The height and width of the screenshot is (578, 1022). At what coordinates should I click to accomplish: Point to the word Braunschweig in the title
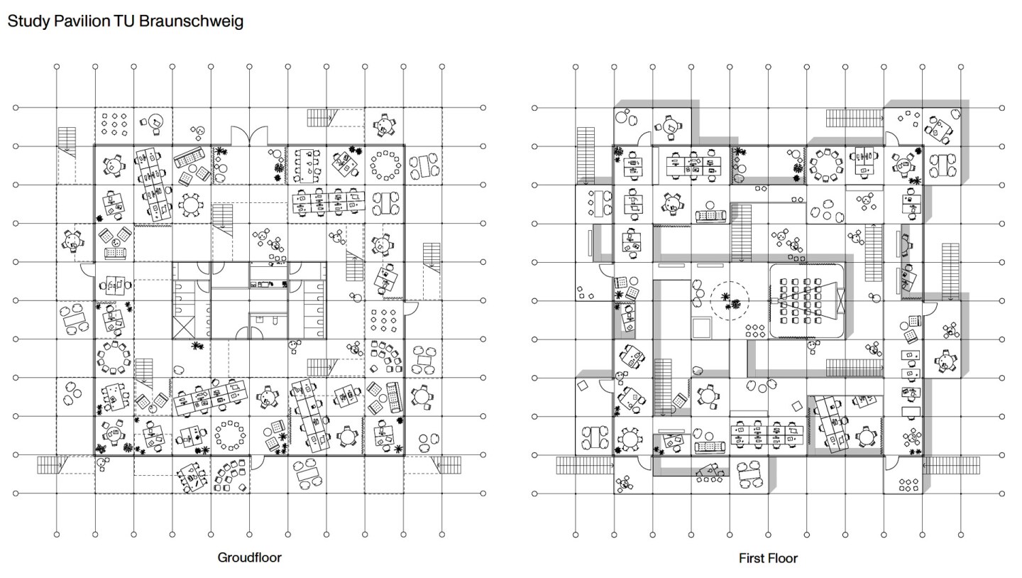(x=191, y=21)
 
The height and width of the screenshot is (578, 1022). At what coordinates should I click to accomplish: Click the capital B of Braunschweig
(x=143, y=21)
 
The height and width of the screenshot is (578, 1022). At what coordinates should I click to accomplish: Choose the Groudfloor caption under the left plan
(x=250, y=557)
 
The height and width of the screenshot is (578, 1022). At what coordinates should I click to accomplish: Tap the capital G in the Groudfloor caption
(x=222, y=557)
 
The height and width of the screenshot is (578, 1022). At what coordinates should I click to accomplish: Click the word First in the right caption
(x=752, y=558)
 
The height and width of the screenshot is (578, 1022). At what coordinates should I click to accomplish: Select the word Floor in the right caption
(x=783, y=558)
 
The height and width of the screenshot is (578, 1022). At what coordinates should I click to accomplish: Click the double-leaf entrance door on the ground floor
(x=249, y=136)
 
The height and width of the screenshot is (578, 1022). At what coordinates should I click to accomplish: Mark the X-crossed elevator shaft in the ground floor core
(x=184, y=328)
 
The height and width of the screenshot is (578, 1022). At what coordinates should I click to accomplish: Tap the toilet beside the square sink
(x=275, y=320)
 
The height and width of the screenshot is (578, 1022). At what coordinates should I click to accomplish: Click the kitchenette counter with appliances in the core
(x=269, y=284)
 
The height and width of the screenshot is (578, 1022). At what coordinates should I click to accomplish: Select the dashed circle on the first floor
(x=730, y=300)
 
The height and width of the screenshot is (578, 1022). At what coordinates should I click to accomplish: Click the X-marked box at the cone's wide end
(x=840, y=300)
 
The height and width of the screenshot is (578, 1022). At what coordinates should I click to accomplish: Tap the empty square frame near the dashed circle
(x=701, y=328)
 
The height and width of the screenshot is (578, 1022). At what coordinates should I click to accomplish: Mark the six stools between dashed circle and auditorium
(x=755, y=331)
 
